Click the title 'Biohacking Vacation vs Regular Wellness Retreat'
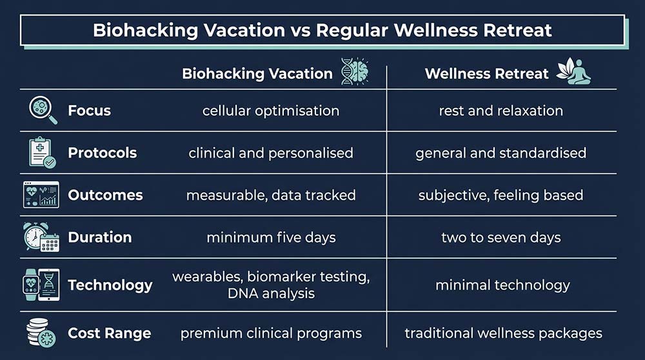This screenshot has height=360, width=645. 322,31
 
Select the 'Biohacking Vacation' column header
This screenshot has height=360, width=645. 257,73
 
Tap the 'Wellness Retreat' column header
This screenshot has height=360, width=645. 487,73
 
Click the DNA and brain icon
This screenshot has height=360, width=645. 355,72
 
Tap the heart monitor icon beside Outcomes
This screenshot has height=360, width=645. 41,195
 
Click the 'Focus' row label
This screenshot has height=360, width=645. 89,111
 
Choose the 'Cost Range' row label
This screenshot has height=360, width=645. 109,334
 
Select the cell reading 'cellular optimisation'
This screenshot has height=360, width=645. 271,111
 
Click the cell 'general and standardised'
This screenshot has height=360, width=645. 501,153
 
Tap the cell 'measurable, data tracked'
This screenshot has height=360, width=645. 271,195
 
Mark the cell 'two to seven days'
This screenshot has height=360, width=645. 501,237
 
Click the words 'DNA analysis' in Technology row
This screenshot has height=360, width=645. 271,294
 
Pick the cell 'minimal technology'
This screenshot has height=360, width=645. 502,285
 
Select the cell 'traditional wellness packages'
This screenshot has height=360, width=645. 503,334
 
